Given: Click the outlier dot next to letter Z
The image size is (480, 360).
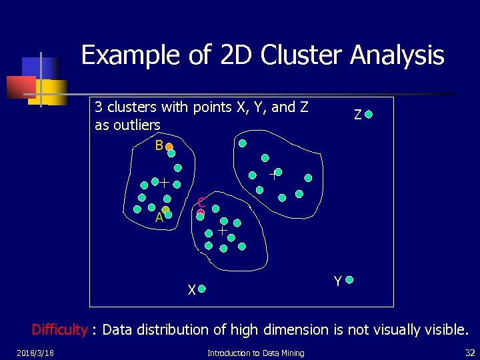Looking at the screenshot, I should point(369,115).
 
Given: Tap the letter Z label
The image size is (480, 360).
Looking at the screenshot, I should point(358,115).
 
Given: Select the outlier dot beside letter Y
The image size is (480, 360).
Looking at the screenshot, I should point(349,281).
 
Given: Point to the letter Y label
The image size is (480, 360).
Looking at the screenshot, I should point(338,281).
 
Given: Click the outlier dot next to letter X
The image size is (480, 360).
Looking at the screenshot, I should point(202,289).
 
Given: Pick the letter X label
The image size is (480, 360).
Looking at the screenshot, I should point(191,290).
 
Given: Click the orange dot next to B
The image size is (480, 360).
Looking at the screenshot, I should point(169,146).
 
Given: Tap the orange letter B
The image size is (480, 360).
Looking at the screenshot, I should point(159,145).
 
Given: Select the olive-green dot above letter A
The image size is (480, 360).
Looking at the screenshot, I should point(165,209).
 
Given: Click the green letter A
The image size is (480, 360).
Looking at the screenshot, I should point(159,217).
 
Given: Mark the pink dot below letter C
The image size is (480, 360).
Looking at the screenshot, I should point(200,213).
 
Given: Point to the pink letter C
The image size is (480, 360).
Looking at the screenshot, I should point(201,203).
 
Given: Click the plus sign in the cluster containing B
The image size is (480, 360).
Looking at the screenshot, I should point(163,181).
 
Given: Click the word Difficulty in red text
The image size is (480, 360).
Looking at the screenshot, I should point(60,329).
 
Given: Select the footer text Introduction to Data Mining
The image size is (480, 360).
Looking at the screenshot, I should point(255,353).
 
